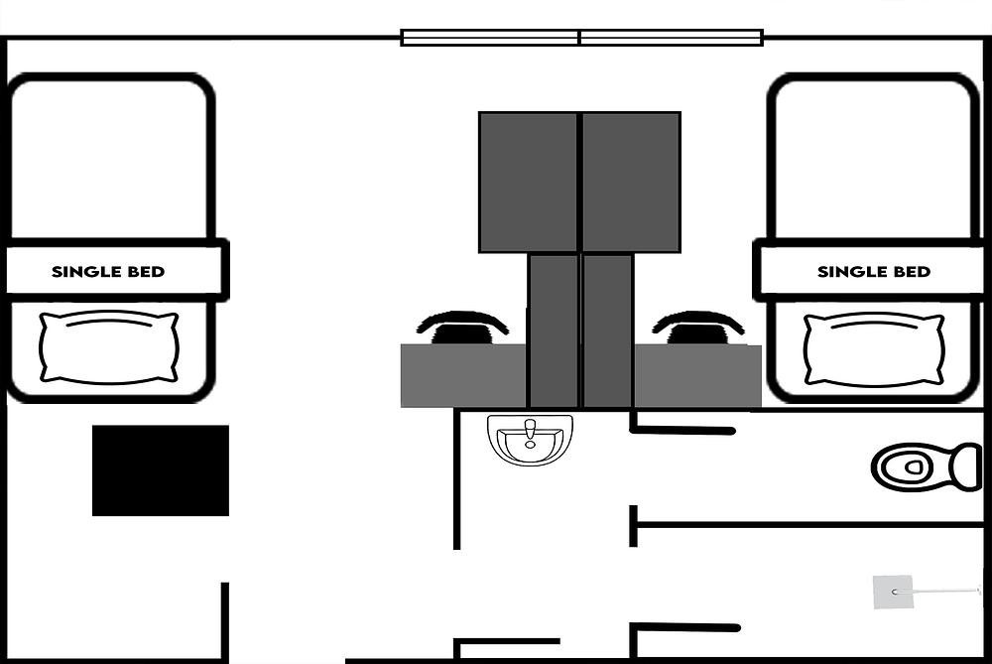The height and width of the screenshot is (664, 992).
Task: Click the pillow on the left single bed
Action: [x=109, y=346]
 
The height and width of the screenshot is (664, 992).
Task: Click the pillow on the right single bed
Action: [x=874, y=349]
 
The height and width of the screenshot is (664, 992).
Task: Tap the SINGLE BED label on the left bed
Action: [x=108, y=272]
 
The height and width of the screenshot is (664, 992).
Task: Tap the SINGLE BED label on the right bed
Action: [x=874, y=272]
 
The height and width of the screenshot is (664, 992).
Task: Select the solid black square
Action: [x=161, y=470]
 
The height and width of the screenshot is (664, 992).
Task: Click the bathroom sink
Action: [x=530, y=440]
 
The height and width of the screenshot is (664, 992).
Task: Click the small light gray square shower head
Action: [x=893, y=593]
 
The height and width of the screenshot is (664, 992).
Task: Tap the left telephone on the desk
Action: [x=462, y=328]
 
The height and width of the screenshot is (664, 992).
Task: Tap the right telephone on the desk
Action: [x=697, y=328]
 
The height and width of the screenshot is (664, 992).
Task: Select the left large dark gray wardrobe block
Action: [x=529, y=183]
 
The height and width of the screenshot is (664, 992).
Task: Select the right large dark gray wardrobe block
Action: [x=631, y=183]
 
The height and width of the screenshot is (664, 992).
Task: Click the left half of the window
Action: [x=490, y=38]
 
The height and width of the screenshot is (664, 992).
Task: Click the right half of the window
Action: [x=672, y=38]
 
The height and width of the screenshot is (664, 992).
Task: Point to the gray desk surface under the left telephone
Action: [x=463, y=376]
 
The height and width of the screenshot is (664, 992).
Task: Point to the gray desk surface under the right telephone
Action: [x=697, y=376]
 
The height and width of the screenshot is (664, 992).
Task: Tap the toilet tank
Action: [x=968, y=467]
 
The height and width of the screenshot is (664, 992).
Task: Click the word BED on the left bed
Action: [x=145, y=272]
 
